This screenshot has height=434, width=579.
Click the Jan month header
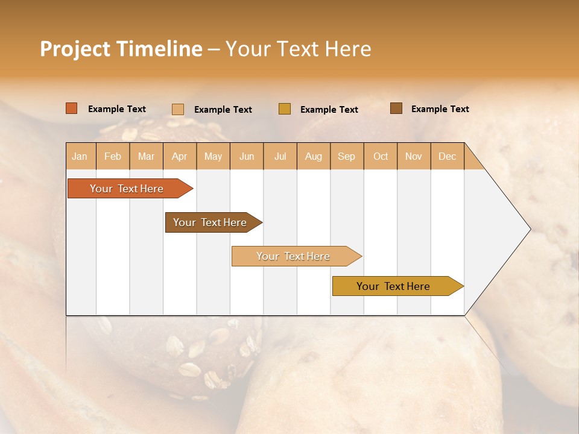[x=80, y=157]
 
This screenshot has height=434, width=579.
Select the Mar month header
[x=146, y=157]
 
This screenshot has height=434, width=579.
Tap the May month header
[x=213, y=157]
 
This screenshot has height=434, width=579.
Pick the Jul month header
[x=280, y=157]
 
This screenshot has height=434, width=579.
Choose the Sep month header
[x=346, y=157]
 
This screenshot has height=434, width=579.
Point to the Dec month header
[x=447, y=157]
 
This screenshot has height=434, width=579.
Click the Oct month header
[x=381, y=157]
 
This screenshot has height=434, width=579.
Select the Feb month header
[x=113, y=157]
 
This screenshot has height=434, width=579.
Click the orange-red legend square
[x=72, y=108]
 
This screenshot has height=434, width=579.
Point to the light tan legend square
[x=178, y=109]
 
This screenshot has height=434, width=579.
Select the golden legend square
[x=285, y=109]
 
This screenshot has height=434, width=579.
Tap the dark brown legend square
[x=396, y=108]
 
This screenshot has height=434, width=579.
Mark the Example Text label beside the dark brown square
[x=440, y=109]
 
